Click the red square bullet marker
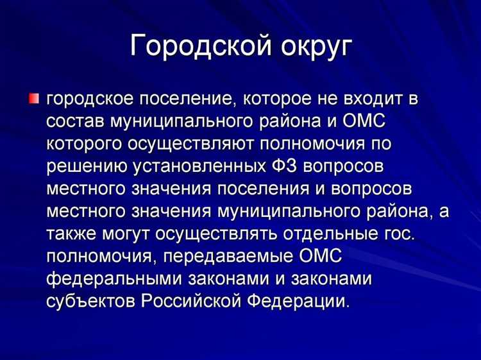coord(33,99)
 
